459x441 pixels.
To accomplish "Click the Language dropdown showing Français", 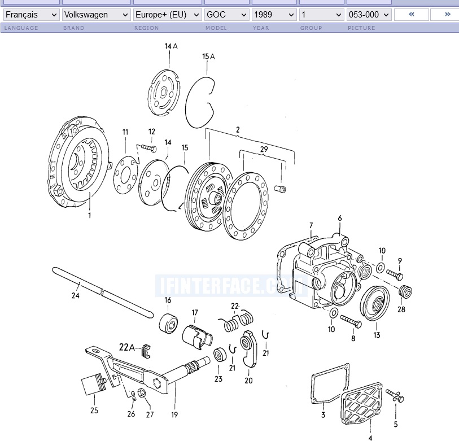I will tap(31, 15).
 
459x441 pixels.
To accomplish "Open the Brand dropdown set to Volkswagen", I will tap(95, 15).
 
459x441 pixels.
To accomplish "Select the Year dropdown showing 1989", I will tap(274, 15).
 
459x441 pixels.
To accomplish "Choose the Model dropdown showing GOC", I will tap(226, 15).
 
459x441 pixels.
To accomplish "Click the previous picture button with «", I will tap(410, 15).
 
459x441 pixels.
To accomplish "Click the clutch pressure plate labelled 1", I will tap(79, 164).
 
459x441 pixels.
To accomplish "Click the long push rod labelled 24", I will tap(102, 291).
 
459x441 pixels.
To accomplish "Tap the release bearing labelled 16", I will tap(168, 322).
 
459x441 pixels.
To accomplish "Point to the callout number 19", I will tap(174, 415).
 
